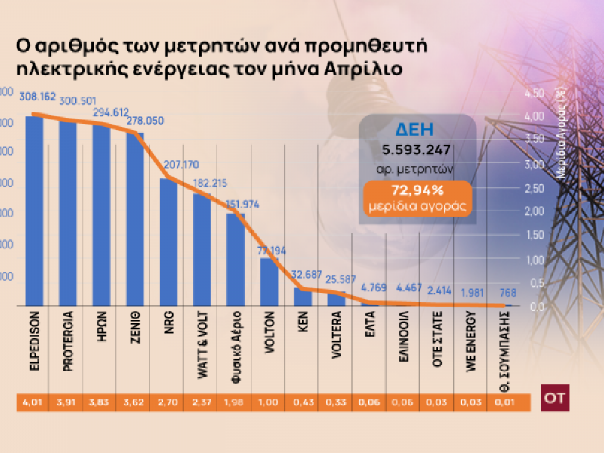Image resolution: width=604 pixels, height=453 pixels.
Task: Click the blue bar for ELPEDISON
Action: point(34,211)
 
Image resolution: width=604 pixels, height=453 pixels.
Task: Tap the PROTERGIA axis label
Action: point(68,343)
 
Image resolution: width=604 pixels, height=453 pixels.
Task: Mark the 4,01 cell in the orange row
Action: point(32,404)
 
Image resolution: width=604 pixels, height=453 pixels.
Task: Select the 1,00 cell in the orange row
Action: point(269,404)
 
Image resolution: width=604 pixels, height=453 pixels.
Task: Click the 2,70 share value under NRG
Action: point(168,404)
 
